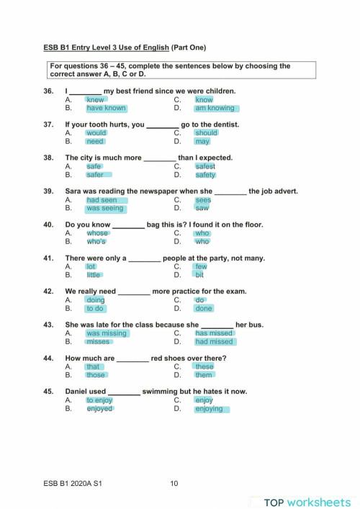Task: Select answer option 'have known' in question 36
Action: [x=106, y=109]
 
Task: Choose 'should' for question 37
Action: [x=207, y=133]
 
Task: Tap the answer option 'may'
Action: [x=202, y=142]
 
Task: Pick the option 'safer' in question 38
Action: [x=95, y=175]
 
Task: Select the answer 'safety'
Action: [x=205, y=175]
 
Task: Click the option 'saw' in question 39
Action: [x=202, y=209]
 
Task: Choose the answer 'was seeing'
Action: [x=104, y=209]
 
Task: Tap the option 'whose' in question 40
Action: [x=97, y=233]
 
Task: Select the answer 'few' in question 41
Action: [x=201, y=266]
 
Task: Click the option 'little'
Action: [x=94, y=275]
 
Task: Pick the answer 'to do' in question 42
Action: [x=95, y=309]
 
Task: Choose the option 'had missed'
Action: [x=214, y=342]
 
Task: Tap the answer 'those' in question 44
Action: [x=96, y=375]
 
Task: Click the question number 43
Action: [x=49, y=324]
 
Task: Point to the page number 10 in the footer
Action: [x=174, y=483]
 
